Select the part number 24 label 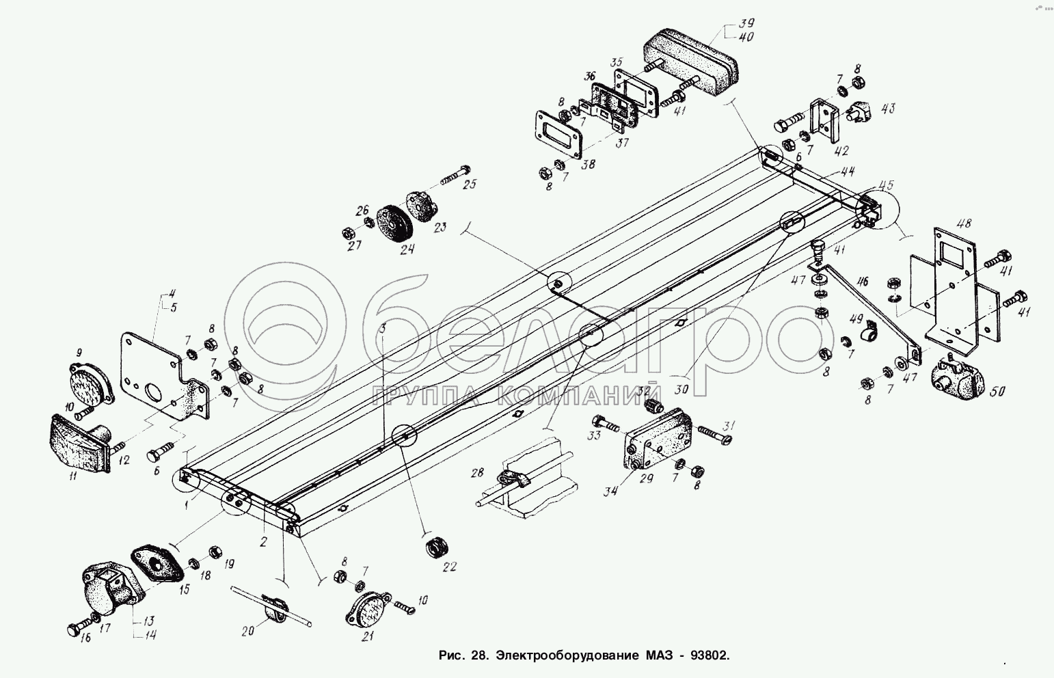pos(407,249)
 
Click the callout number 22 pos(449,567)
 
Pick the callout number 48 pos(964,223)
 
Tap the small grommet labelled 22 pos(434,547)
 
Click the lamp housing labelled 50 pos(956,381)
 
